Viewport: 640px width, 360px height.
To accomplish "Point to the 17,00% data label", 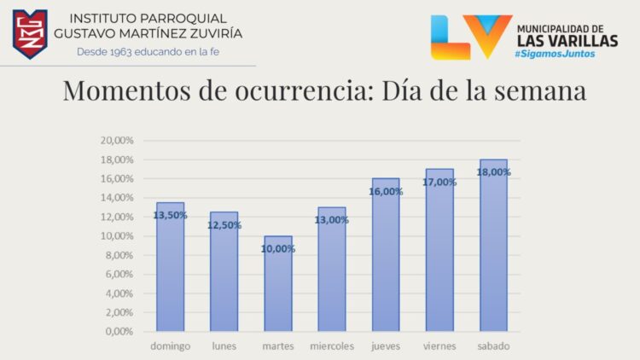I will (x=439, y=182).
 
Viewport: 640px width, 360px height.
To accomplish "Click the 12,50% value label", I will (x=224, y=225).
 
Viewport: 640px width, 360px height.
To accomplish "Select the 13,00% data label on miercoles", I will (x=332, y=220).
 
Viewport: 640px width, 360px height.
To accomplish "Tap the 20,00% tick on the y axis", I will (x=117, y=141).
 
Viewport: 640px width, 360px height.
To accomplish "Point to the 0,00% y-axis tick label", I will (x=119, y=332).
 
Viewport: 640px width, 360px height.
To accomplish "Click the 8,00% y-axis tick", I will (x=119, y=255).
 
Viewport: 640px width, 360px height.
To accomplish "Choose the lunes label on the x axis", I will (x=224, y=345).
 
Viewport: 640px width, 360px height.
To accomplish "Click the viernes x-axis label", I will (x=439, y=345).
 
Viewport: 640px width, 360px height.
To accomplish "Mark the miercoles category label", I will (x=332, y=345).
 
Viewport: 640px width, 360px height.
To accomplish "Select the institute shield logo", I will (x=30, y=34).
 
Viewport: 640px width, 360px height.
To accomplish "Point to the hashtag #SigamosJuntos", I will (x=555, y=54).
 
